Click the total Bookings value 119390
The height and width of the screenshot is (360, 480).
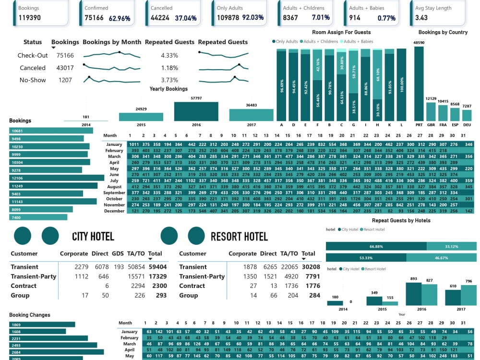coord(29,18)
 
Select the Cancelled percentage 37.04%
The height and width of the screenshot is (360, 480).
coord(185,18)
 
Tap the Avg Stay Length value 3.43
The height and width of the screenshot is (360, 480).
coord(421,18)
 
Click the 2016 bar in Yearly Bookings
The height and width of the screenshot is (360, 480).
coord(196,111)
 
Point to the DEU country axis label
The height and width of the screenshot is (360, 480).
coord(467,124)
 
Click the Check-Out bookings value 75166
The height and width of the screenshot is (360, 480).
coord(65,55)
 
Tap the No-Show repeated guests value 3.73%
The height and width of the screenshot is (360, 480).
coord(169,80)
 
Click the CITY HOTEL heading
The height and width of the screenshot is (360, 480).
coord(93,236)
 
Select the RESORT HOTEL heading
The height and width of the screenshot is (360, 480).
coord(239,236)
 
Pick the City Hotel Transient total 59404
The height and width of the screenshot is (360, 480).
coord(157,267)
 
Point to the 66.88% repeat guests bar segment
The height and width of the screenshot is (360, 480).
coord(376,246)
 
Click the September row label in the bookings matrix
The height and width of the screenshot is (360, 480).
coord(114,192)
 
